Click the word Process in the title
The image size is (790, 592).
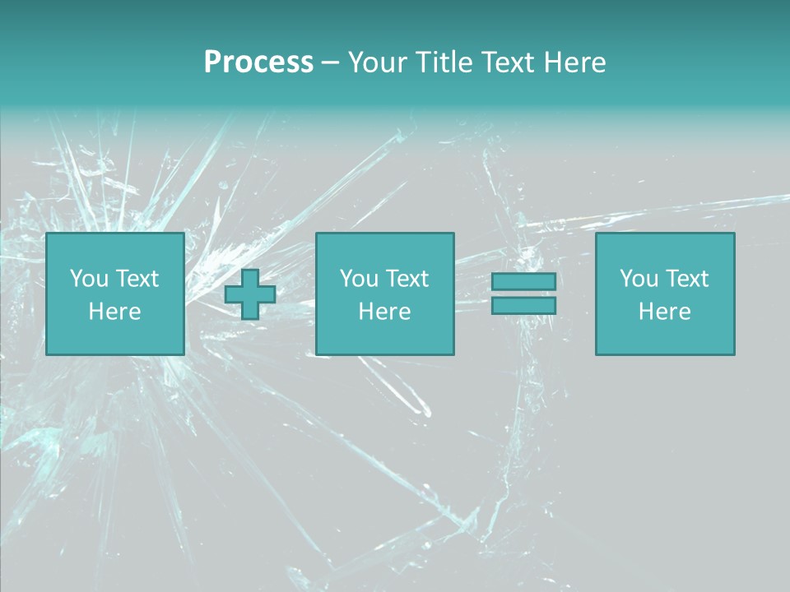pyautogui.click(x=258, y=62)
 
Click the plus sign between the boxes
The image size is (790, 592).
pyautogui.click(x=250, y=294)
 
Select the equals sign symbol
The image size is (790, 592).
pyautogui.click(x=523, y=294)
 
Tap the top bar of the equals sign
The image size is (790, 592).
pyautogui.click(x=523, y=282)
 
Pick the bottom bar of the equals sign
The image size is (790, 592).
pyautogui.click(x=523, y=305)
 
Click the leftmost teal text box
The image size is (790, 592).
pyautogui.click(x=114, y=294)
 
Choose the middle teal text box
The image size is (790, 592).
pyautogui.click(x=384, y=294)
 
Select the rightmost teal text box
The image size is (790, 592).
pyautogui.click(x=664, y=294)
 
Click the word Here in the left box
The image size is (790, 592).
pyautogui.click(x=114, y=312)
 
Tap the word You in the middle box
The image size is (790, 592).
pyautogui.click(x=359, y=279)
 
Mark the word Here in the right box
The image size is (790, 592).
pyautogui.click(x=664, y=312)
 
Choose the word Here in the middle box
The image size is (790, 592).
pyautogui.click(x=384, y=312)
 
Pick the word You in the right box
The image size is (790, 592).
pyautogui.click(x=639, y=279)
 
